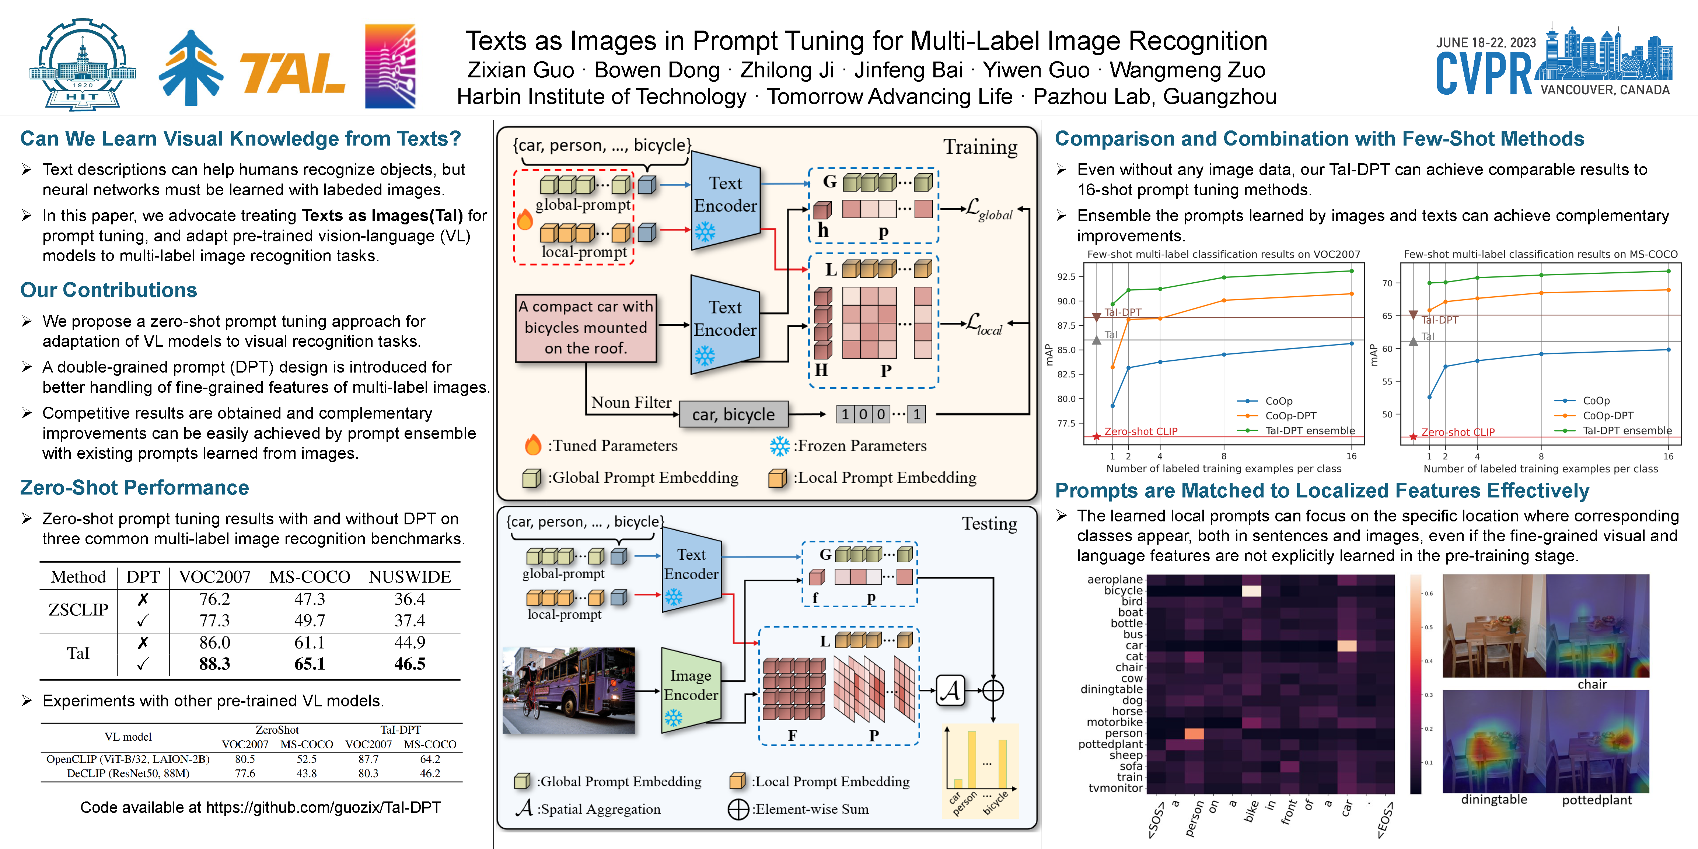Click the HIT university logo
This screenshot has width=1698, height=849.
(83, 64)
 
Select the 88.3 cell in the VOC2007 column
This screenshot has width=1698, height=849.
(214, 664)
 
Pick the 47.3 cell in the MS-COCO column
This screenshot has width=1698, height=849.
(309, 598)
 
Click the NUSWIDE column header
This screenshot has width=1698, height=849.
(409, 577)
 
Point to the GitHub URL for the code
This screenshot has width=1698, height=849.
(323, 807)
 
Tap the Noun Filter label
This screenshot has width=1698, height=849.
(631, 402)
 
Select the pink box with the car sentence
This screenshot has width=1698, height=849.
(585, 328)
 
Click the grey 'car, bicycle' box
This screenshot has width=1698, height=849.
(733, 414)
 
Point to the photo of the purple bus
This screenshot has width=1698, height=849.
(568, 690)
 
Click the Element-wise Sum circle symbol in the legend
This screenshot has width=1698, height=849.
(738, 809)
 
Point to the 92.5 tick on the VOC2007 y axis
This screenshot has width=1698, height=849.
(1066, 277)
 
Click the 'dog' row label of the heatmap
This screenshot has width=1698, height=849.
(1132, 700)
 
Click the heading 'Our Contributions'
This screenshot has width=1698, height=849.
(109, 290)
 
